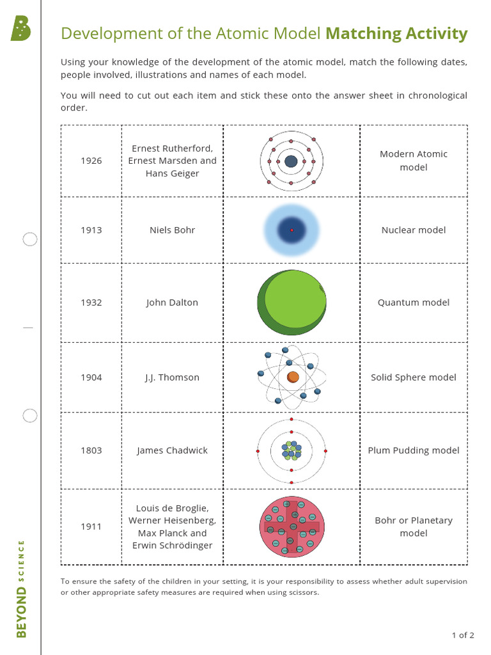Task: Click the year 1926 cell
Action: (91, 161)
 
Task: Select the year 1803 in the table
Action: (91, 450)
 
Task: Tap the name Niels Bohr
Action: (172, 230)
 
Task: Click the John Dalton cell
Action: (172, 303)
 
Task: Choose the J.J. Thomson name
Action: (172, 377)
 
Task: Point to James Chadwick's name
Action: (172, 450)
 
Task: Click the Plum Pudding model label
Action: (414, 450)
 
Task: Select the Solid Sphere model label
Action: (414, 377)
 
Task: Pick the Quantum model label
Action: (414, 303)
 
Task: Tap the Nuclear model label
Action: (414, 230)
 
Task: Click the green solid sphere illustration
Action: (292, 302)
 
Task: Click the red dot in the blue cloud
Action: (292, 230)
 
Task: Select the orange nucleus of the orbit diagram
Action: (293, 377)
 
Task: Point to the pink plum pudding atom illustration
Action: (292, 526)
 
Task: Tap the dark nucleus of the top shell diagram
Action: (291, 161)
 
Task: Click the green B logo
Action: (20, 29)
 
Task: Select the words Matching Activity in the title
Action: (396, 33)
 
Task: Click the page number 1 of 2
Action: (463, 635)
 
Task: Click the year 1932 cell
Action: (91, 303)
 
